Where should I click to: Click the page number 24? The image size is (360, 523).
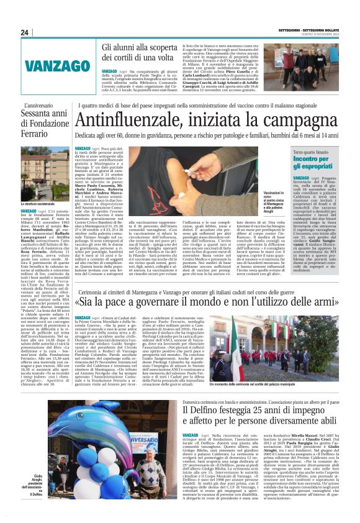point(25,32)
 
